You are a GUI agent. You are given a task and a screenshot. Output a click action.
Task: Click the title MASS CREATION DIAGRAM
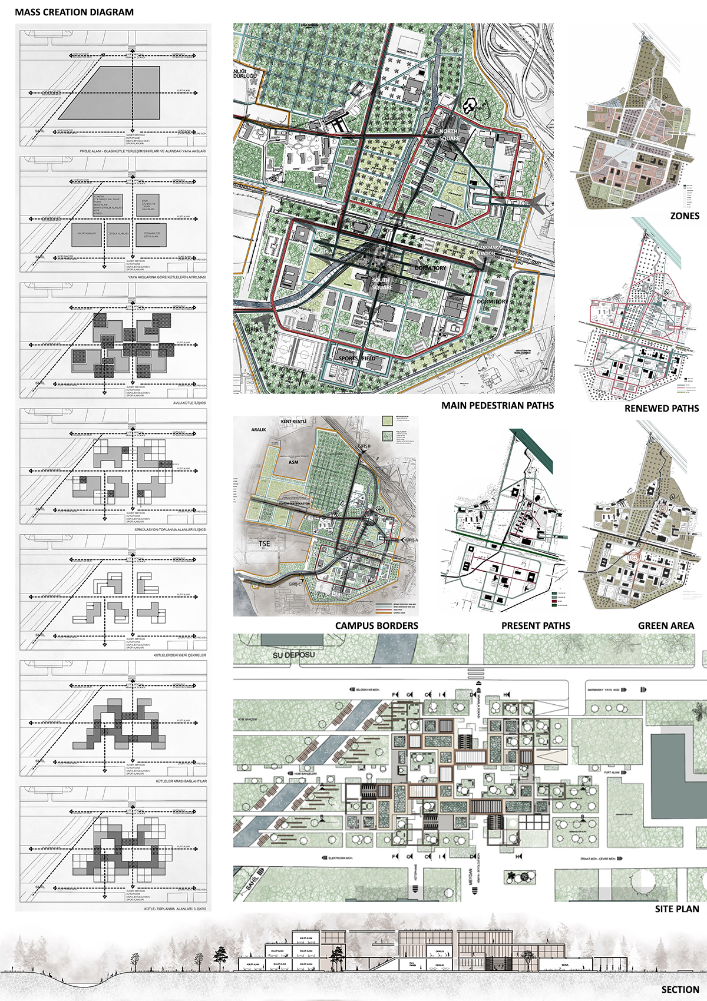pyautogui.click(x=74, y=12)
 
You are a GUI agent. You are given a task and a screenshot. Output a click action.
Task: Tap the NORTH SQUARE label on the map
pyautogui.click(x=449, y=135)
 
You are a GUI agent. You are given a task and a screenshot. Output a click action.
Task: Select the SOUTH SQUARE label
pyautogui.click(x=382, y=284)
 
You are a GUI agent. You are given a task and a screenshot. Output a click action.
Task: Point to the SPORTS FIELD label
pyautogui.click(x=357, y=358)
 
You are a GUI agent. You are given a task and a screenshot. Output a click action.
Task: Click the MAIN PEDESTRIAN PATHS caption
pyautogui.click(x=497, y=405)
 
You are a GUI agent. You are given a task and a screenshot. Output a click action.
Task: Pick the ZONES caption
pyautogui.click(x=685, y=216)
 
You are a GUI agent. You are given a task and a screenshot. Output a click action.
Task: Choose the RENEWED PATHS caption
pyautogui.click(x=662, y=408)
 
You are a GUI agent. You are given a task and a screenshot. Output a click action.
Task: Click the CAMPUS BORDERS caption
pyautogui.click(x=376, y=625)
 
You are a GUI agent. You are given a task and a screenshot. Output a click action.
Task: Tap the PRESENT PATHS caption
pyautogui.click(x=536, y=625)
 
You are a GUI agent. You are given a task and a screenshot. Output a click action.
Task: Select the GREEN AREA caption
pyautogui.click(x=666, y=625)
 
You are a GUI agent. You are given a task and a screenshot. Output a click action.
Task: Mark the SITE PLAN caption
pyautogui.click(x=677, y=909)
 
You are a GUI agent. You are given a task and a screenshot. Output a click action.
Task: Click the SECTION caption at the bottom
pyautogui.click(x=680, y=990)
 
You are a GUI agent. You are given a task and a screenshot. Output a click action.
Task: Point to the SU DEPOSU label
pyautogui.click(x=294, y=655)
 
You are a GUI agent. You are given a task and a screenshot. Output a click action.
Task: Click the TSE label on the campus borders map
pyautogui.click(x=265, y=543)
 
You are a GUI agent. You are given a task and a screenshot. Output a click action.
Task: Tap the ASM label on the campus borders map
pyautogui.click(x=293, y=462)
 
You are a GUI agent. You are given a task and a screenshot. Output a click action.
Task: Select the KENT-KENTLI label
pyautogui.click(x=293, y=422)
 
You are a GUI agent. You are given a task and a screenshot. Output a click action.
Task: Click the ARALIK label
pyautogui.click(x=259, y=430)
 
